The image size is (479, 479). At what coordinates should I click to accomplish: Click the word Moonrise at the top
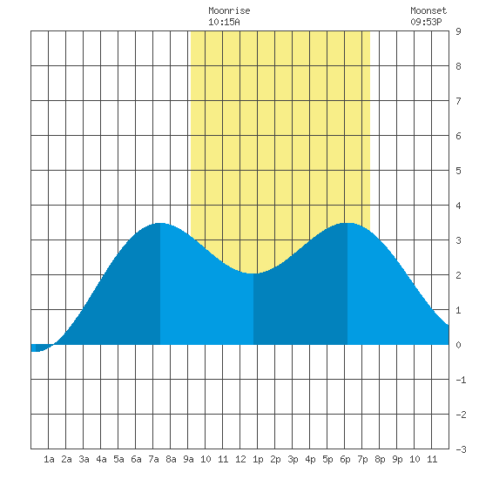pyautogui.click(x=229, y=10)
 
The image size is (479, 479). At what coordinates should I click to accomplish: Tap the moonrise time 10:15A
pyautogui.click(x=224, y=22)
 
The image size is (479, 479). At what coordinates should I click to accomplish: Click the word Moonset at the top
pyautogui.click(x=428, y=10)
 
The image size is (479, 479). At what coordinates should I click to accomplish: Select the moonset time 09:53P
pyautogui.click(x=426, y=22)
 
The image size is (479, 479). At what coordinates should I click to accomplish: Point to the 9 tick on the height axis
pyautogui.click(x=458, y=31)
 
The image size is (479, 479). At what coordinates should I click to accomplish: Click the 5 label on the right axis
pyautogui.click(x=458, y=171)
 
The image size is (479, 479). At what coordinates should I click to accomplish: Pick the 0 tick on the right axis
pyautogui.click(x=458, y=345)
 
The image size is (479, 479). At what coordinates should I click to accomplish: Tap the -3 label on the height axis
pyautogui.click(x=461, y=449)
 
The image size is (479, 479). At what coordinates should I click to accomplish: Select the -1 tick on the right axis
pyautogui.click(x=461, y=380)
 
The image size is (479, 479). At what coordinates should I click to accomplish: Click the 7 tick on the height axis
pyautogui.click(x=458, y=101)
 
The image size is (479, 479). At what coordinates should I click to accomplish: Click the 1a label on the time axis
pyautogui.click(x=49, y=459)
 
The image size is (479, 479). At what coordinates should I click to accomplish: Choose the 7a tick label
pyautogui.click(x=153, y=459)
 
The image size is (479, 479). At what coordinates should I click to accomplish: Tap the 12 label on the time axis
pyautogui.click(x=240, y=459)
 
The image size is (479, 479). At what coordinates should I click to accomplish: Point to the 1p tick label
pyautogui.click(x=258, y=459)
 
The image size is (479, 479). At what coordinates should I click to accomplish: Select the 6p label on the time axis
pyautogui.click(x=345, y=459)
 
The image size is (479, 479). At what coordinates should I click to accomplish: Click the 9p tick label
pyautogui.click(x=397, y=459)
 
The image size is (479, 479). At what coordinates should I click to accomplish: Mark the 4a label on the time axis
pyautogui.click(x=101, y=459)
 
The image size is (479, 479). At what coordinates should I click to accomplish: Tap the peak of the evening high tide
pyautogui.click(x=347, y=223)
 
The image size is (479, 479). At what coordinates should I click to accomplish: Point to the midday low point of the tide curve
pyautogui.click(x=253, y=273)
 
